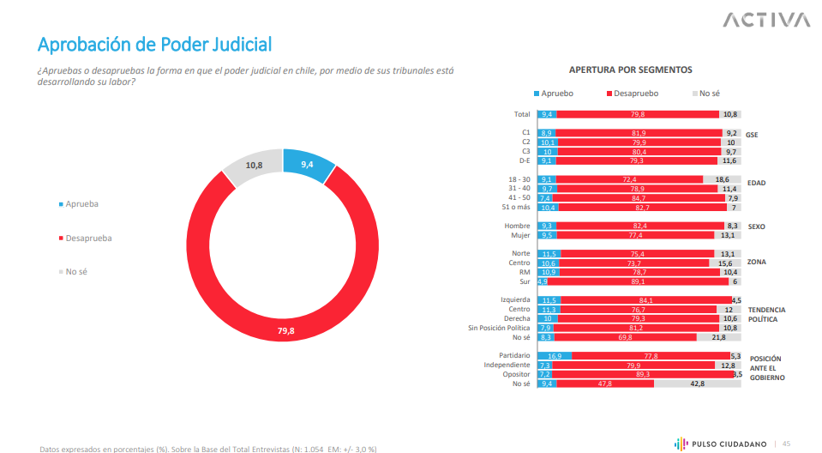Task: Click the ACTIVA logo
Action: (765, 20)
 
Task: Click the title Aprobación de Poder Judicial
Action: (154, 44)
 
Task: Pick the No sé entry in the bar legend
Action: (708, 94)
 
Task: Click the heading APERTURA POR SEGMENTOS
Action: (630, 69)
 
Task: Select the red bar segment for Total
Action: (639, 114)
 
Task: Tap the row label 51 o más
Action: (517, 208)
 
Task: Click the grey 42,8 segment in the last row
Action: (697, 384)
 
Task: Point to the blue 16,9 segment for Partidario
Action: (554, 355)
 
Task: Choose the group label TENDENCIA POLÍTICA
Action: (766, 314)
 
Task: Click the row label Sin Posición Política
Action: (499, 328)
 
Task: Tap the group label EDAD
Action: (756, 183)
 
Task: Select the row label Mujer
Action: (520, 234)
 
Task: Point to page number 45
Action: (786, 443)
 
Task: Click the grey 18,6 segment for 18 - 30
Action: (723, 179)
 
